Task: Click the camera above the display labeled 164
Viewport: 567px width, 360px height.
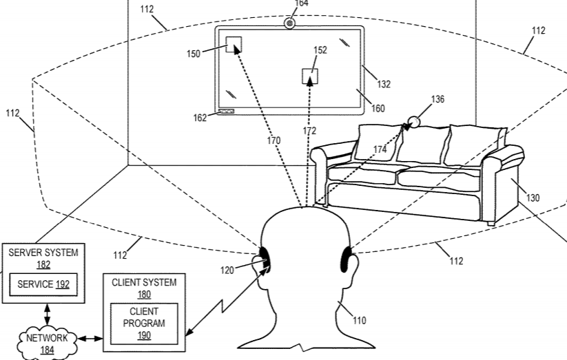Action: pyautogui.click(x=290, y=24)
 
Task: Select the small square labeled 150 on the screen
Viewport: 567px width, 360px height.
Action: pyautogui.click(x=234, y=45)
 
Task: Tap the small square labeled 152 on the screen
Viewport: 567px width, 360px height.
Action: pyautogui.click(x=310, y=76)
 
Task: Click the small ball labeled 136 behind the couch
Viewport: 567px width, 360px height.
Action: pyautogui.click(x=414, y=123)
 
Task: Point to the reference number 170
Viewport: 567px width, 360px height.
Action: pyautogui.click(x=274, y=141)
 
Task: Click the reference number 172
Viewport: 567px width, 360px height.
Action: pyautogui.click(x=309, y=131)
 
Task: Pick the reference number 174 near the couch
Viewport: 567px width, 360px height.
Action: pyautogui.click(x=380, y=149)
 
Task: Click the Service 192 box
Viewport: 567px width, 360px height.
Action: pyautogui.click(x=43, y=284)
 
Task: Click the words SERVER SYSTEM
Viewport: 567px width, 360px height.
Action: pyautogui.click(x=43, y=253)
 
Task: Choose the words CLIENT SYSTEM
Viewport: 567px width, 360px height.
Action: pyautogui.click(x=144, y=282)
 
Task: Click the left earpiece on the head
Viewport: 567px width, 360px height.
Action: pyautogui.click(x=265, y=256)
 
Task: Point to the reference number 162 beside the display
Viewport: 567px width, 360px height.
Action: pyautogui.click(x=200, y=118)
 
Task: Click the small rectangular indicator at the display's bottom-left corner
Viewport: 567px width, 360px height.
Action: pyautogui.click(x=226, y=111)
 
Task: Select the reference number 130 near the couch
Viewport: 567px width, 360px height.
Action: pyautogui.click(x=533, y=198)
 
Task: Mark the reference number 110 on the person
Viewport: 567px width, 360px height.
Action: pyautogui.click(x=359, y=319)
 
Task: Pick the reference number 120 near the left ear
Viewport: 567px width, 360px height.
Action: pyautogui.click(x=227, y=271)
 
